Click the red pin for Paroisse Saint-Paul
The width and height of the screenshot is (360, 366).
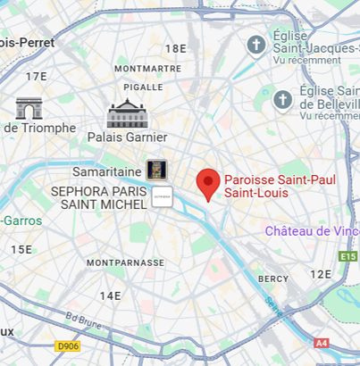pyautogui.click(x=208, y=183)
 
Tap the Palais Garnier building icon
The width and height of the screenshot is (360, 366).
pyautogui.click(x=127, y=113)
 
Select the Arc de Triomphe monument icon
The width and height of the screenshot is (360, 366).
pyautogui.click(x=29, y=108)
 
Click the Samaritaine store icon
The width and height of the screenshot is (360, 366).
pyautogui.click(x=156, y=170)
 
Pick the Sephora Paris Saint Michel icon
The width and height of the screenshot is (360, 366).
pyautogui.click(x=162, y=196)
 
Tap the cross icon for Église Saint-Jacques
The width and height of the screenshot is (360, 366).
pyautogui.click(x=256, y=44)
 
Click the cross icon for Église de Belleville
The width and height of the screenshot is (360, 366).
pyautogui.click(x=283, y=99)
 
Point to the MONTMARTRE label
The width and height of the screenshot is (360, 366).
pyautogui.click(x=147, y=68)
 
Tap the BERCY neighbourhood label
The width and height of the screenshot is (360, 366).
pyautogui.click(x=273, y=279)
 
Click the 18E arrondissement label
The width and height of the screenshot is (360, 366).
pyautogui.click(x=176, y=48)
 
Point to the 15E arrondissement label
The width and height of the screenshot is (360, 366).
pyautogui.click(x=21, y=249)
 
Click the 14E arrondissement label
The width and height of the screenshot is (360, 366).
pyautogui.click(x=110, y=295)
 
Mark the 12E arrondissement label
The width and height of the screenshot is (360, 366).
pyautogui.click(x=320, y=274)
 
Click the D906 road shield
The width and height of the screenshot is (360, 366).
pyautogui.click(x=67, y=345)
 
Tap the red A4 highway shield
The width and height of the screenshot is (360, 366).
pyautogui.click(x=322, y=343)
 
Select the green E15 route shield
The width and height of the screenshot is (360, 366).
pyautogui.click(x=348, y=256)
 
